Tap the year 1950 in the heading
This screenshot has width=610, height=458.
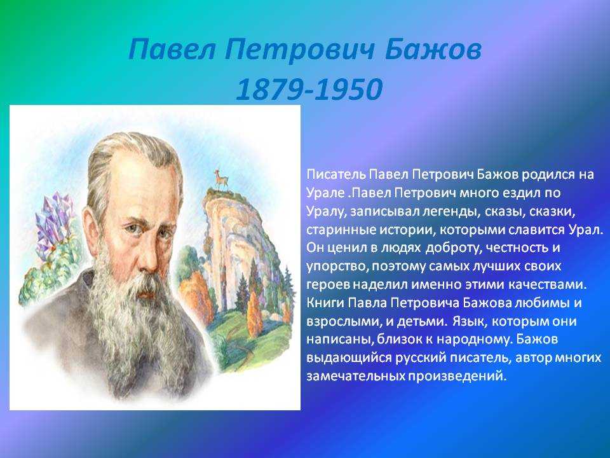(x=349, y=89)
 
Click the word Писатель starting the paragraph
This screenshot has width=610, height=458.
(x=336, y=174)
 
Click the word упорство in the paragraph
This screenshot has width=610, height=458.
(x=337, y=267)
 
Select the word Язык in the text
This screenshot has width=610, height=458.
(x=468, y=321)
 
